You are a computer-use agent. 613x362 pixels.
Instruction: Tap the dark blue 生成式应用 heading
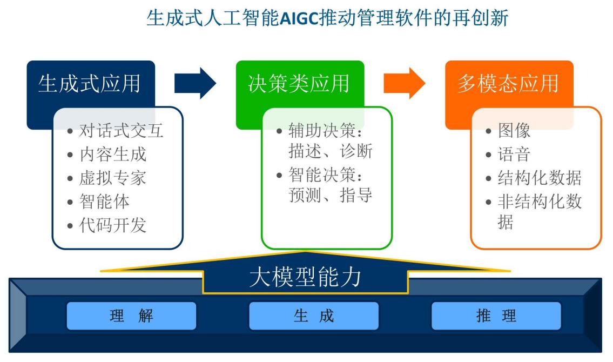click(x=89, y=84)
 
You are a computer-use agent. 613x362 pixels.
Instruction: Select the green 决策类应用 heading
click(x=299, y=84)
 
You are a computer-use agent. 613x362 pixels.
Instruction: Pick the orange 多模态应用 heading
click(x=508, y=84)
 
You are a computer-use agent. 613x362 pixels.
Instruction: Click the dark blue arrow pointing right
click(x=195, y=83)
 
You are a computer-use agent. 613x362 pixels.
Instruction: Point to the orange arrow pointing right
click(x=404, y=83)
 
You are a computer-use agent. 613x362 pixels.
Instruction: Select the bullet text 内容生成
click(x=113, y=155)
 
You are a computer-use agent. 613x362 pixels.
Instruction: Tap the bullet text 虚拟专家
click(x=113, y=178)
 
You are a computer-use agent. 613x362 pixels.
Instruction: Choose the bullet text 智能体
click(x=104, y=202)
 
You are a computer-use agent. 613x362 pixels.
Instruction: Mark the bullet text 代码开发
click(x=113, y=225)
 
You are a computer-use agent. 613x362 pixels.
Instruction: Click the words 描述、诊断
click(x=331, y=152)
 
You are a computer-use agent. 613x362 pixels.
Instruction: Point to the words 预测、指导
click(x=331, y=195)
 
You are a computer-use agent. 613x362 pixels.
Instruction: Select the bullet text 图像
click(x=514, y=131)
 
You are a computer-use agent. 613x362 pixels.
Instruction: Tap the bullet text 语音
click(x=514, y=155)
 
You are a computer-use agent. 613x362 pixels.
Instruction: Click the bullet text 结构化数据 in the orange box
click(x=539, y=178)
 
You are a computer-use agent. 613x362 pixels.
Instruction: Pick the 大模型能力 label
click(x=305, y=277)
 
